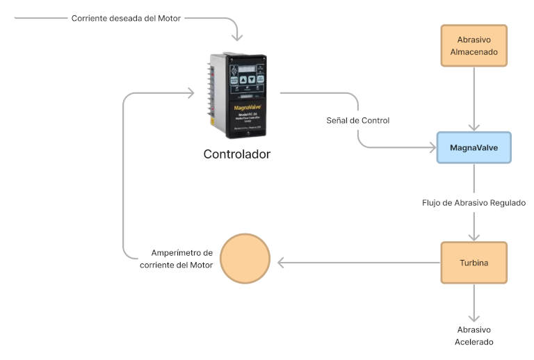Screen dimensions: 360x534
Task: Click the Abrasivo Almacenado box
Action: pos(474,46)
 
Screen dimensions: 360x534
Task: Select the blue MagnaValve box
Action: pos(474,148)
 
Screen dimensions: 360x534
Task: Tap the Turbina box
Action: pos(474,263)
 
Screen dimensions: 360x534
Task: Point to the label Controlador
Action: pos(236,154)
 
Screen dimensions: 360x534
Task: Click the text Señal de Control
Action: pos(357,120)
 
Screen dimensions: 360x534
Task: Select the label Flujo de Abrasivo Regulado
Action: pos(474,203)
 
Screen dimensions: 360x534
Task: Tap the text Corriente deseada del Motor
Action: pos(126,19)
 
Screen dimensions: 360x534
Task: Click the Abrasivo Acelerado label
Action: pos(476,336)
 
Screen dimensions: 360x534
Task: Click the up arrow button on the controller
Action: pos(243,79)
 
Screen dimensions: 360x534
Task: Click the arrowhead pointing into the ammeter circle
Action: pos(281,263)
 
